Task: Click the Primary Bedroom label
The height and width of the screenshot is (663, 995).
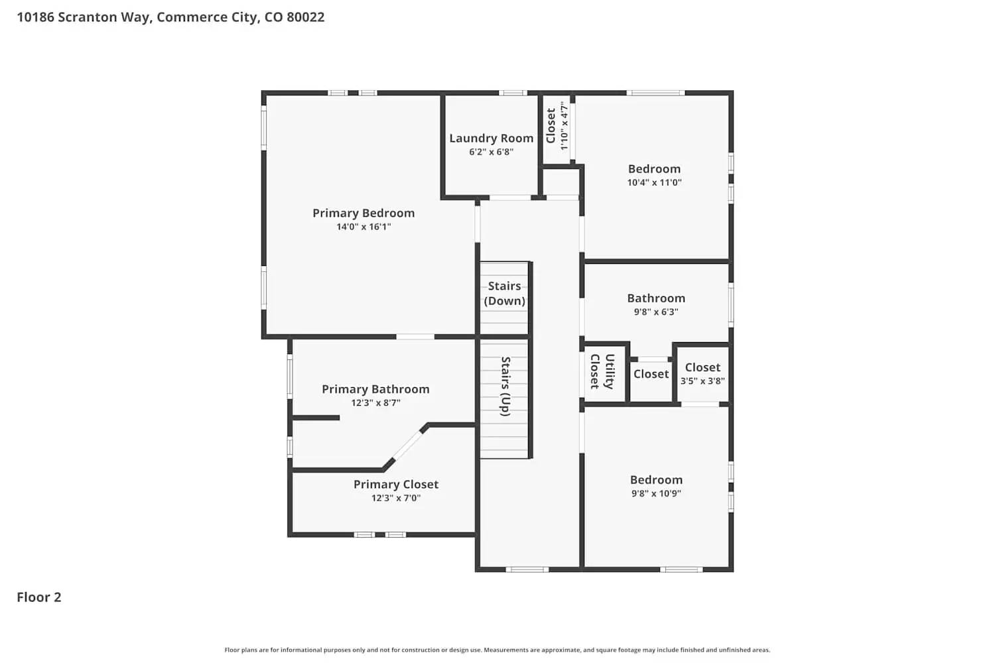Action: pos(364,213)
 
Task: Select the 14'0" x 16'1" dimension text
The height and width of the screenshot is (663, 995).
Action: pos(364,227)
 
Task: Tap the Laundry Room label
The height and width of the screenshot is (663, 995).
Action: pos(491,138)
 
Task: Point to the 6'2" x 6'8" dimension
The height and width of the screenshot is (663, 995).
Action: pos(491,152)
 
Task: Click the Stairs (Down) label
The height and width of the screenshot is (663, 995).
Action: pos(504,293)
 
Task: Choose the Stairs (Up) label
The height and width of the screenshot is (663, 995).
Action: pos(505,386)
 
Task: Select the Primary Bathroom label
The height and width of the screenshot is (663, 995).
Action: pos(375,389)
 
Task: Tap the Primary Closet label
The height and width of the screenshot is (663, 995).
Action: pos(395,484)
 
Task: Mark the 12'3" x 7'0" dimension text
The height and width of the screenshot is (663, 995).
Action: pos(395,498)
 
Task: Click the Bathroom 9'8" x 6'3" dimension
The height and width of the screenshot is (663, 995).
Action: pos(655,312)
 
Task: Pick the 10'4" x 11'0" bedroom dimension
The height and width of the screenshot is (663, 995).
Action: pos(654,182)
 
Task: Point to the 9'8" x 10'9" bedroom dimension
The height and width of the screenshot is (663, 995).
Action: pos(655,493)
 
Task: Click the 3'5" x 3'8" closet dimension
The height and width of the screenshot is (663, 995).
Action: pos(702,381)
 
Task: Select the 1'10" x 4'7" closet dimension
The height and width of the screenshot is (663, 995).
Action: pos(564,125)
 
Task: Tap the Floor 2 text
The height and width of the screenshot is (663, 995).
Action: pos(38,597)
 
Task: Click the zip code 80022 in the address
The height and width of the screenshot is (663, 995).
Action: pos(305,17)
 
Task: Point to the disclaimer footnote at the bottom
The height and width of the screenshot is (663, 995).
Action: pos(497,650)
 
